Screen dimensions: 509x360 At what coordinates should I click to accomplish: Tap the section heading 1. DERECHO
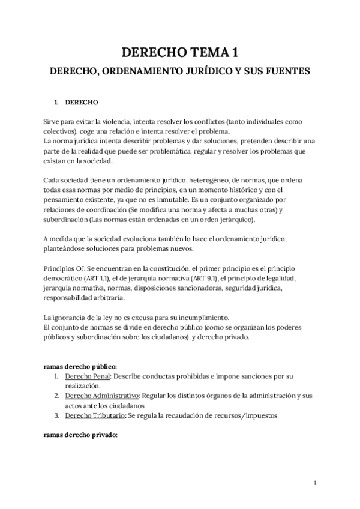pos(76,102)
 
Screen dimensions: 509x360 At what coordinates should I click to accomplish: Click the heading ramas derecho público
pos(80,366)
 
